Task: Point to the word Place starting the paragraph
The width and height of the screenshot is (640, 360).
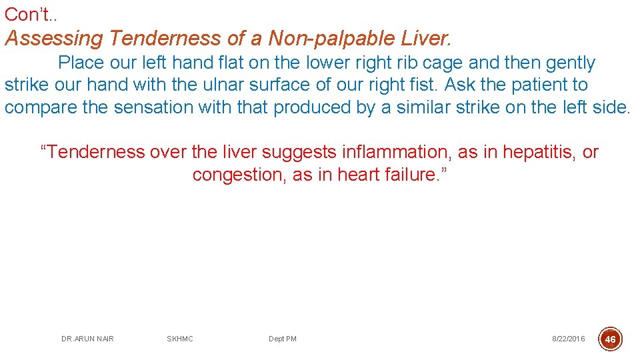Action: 82,63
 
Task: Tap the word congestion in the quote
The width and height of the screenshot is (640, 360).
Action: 239,175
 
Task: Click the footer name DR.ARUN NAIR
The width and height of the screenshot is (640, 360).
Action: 87,339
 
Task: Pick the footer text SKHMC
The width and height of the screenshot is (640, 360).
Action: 180,339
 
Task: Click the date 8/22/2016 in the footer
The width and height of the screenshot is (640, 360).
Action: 568,339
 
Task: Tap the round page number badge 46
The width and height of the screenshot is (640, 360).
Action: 610,339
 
